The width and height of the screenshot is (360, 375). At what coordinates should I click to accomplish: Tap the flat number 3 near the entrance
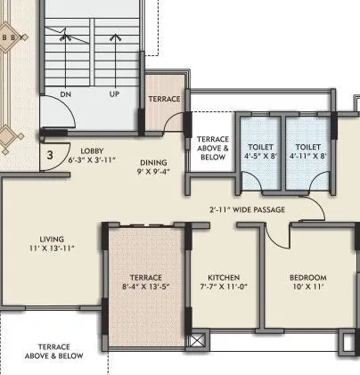(x=52, y=155)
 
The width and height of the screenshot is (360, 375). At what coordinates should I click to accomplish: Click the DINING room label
(x=151, y=162)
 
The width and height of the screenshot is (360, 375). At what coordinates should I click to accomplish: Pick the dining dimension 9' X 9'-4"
(x=153, y=172)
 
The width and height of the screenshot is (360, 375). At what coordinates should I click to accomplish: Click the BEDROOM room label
(x=307, y=277)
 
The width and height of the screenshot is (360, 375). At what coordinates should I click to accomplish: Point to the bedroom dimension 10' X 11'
(x=307, y=288)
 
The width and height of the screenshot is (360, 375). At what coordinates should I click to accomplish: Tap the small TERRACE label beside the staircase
(x=164, y=98)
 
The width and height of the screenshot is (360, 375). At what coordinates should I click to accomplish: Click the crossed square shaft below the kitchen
(x=198, y=340)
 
